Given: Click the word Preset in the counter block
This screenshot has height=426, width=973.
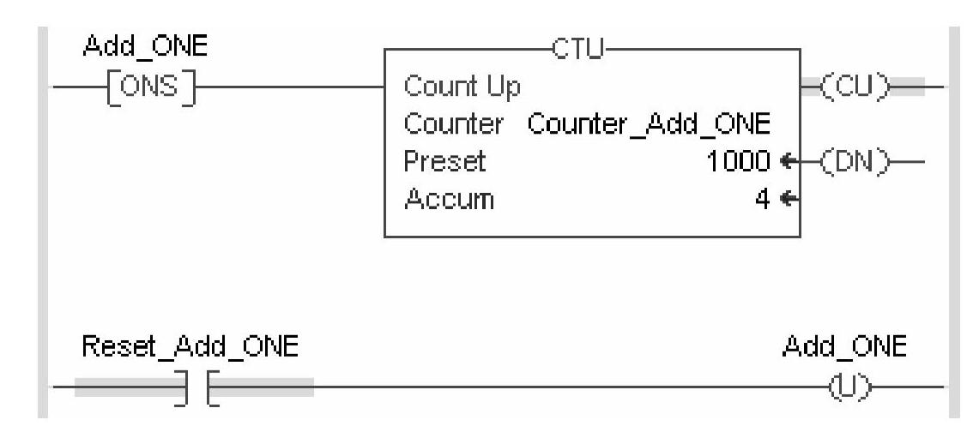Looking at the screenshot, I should [x=444, y=161].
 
